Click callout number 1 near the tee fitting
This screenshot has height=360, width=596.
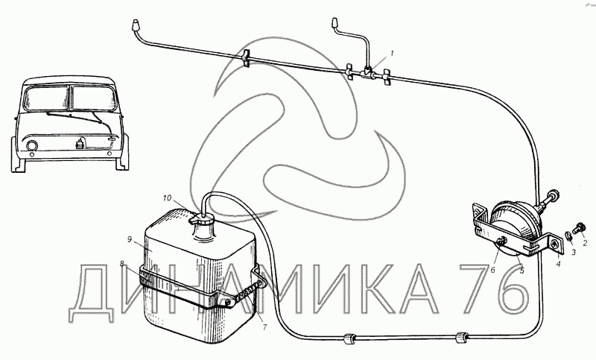pyautogui.click(x=393, y=53)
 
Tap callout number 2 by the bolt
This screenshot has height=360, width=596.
pyautogui.click(x=585, y=242)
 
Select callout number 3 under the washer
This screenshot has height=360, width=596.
pyautogui.click(x=574, y=252)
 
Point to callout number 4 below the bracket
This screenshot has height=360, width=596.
pyautogui.click(x=558, y=262)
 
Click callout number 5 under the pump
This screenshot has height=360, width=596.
pyautogui.click(x=522, y=271)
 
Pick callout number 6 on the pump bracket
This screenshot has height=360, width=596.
pyautogui.click(x=492, y=270)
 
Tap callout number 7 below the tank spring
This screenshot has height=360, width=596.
pyautogui.click(x=265, y=326)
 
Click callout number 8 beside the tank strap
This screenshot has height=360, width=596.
pyautogui.click(x=121, y=263)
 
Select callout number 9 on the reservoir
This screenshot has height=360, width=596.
pyautogui.click(x=129, y=239)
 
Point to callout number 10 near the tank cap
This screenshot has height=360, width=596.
pyautogui.click(x=168, y=198)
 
